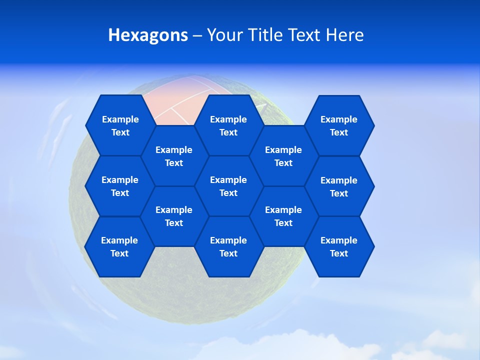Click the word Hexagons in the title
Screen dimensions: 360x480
coord(148,35)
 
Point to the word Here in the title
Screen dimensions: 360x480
coord(344,35)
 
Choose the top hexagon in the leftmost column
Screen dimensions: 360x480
coord(120,125)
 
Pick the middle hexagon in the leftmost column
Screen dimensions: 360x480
coord(120,186)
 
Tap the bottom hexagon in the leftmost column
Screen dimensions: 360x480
coord(119,246)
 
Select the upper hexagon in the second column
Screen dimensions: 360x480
coord(174,156)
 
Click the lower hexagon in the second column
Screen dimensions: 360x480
coord(174,216)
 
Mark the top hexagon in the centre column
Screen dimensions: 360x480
coord(228,125)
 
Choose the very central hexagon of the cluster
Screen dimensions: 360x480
coord(228,186)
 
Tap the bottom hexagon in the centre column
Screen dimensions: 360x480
coord(228,246)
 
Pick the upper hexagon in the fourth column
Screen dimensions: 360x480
coord(283,156)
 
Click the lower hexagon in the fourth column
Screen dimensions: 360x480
coord(283,216)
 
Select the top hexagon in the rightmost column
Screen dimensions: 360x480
coord(339,125)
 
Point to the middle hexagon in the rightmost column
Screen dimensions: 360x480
coord(339,186)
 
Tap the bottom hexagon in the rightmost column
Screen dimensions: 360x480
coord(339,246)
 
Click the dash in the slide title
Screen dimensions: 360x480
coord(197,35)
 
